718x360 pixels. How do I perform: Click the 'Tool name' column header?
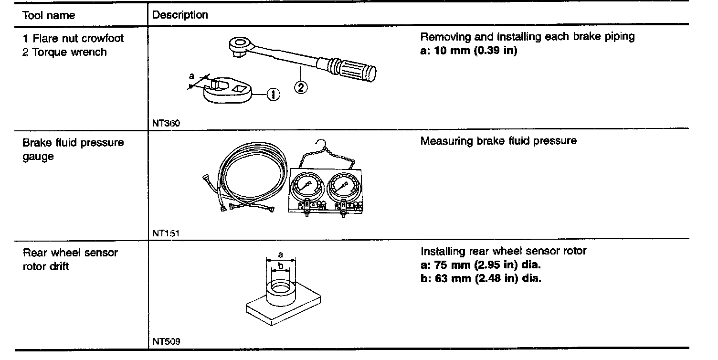pos(49,15)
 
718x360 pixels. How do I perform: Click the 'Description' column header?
pos(180,15)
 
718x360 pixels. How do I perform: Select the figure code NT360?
pos(166,123)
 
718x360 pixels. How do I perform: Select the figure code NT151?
pos(166,233)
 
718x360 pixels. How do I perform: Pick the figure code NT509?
pos(166,341)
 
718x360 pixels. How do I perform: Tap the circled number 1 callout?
pos(273,95)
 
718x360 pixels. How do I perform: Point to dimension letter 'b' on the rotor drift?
pos(281,265)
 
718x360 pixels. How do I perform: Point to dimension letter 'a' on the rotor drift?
pos(281,255)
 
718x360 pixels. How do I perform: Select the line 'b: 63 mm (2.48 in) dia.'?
pos(481,278)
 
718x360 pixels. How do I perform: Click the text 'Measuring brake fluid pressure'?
pos(498,141)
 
